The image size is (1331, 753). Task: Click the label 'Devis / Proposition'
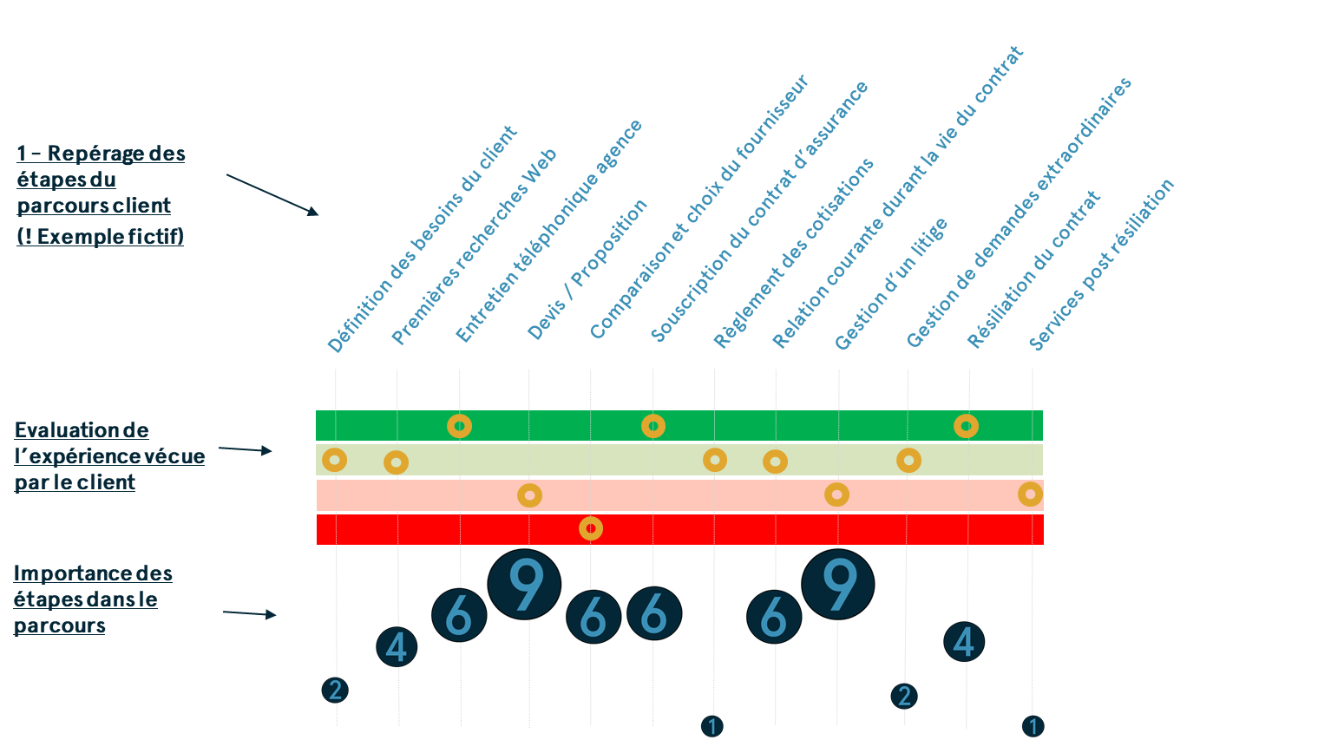587,270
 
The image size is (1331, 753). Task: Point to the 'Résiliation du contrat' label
1033,270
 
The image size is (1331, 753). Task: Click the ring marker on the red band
591,528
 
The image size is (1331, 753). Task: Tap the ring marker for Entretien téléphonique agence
459,426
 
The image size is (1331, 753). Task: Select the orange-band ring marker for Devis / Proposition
529,495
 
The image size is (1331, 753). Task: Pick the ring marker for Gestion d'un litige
836,494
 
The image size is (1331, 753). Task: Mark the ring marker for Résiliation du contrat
966,426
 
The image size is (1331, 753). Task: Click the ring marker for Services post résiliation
1030,494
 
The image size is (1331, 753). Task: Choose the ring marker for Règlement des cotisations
714,459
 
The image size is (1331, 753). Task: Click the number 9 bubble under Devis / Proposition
524,585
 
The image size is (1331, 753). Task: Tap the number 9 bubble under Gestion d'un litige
837,585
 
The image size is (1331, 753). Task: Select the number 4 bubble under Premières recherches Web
397,647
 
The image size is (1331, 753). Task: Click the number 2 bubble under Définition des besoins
334,690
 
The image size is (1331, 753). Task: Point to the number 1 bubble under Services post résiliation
1033,725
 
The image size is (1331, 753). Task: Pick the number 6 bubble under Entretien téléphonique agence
459,616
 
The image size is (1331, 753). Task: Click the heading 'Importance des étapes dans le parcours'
93,599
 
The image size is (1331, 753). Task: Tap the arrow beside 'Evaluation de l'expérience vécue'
246,450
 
